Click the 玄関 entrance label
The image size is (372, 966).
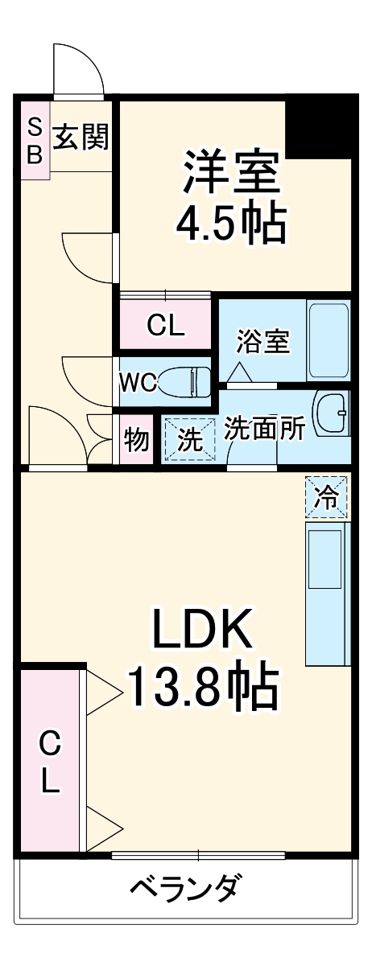point(81,137)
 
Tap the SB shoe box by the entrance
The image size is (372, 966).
point(35,140)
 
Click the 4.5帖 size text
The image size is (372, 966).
point(231,223)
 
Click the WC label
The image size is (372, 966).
point(138,382)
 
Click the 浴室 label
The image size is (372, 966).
point(263,341)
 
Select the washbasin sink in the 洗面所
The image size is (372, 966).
point(332,413)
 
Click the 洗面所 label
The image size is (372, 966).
point(265,428)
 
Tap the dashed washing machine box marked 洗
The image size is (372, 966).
point(190,439)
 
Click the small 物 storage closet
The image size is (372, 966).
point(136,439)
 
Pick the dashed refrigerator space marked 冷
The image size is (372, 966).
point(326,497)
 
